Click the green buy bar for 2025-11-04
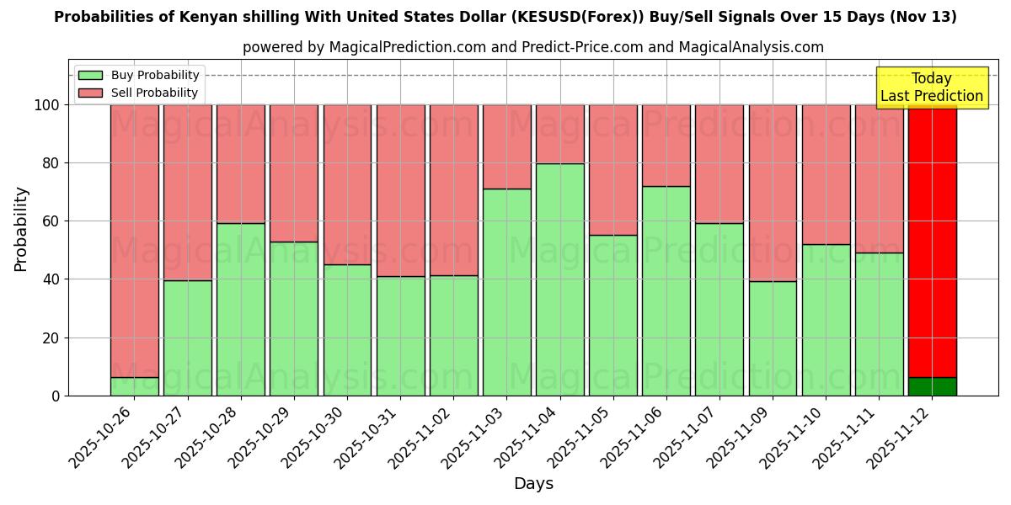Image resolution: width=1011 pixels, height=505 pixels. [x=560, y=279]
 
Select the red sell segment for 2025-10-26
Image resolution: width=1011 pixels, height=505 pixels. [x=134, y=241]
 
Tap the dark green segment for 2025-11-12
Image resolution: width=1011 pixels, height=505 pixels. [x=933, y=386]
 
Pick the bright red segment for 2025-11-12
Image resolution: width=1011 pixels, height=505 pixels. [x=933, y=241]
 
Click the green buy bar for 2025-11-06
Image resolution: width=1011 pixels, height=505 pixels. [x=666, y=290]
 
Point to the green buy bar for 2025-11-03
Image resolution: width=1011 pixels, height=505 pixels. [x=507, y=292]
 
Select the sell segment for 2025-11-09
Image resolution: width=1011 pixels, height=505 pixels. [x=773, y=193]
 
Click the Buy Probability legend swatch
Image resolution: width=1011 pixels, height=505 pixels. [x=90, y=76]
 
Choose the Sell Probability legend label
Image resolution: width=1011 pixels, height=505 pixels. [x=154, y=93]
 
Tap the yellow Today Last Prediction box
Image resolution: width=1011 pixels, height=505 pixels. [x=931, y=88]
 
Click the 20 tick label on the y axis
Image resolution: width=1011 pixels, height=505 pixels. [x=49, y=338]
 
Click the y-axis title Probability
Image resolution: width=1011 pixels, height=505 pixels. [x=21, y=229]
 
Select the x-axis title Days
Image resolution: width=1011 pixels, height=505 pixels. [x=533, y=484]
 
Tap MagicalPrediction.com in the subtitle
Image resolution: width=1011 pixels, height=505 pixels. [x=407, y=47]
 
